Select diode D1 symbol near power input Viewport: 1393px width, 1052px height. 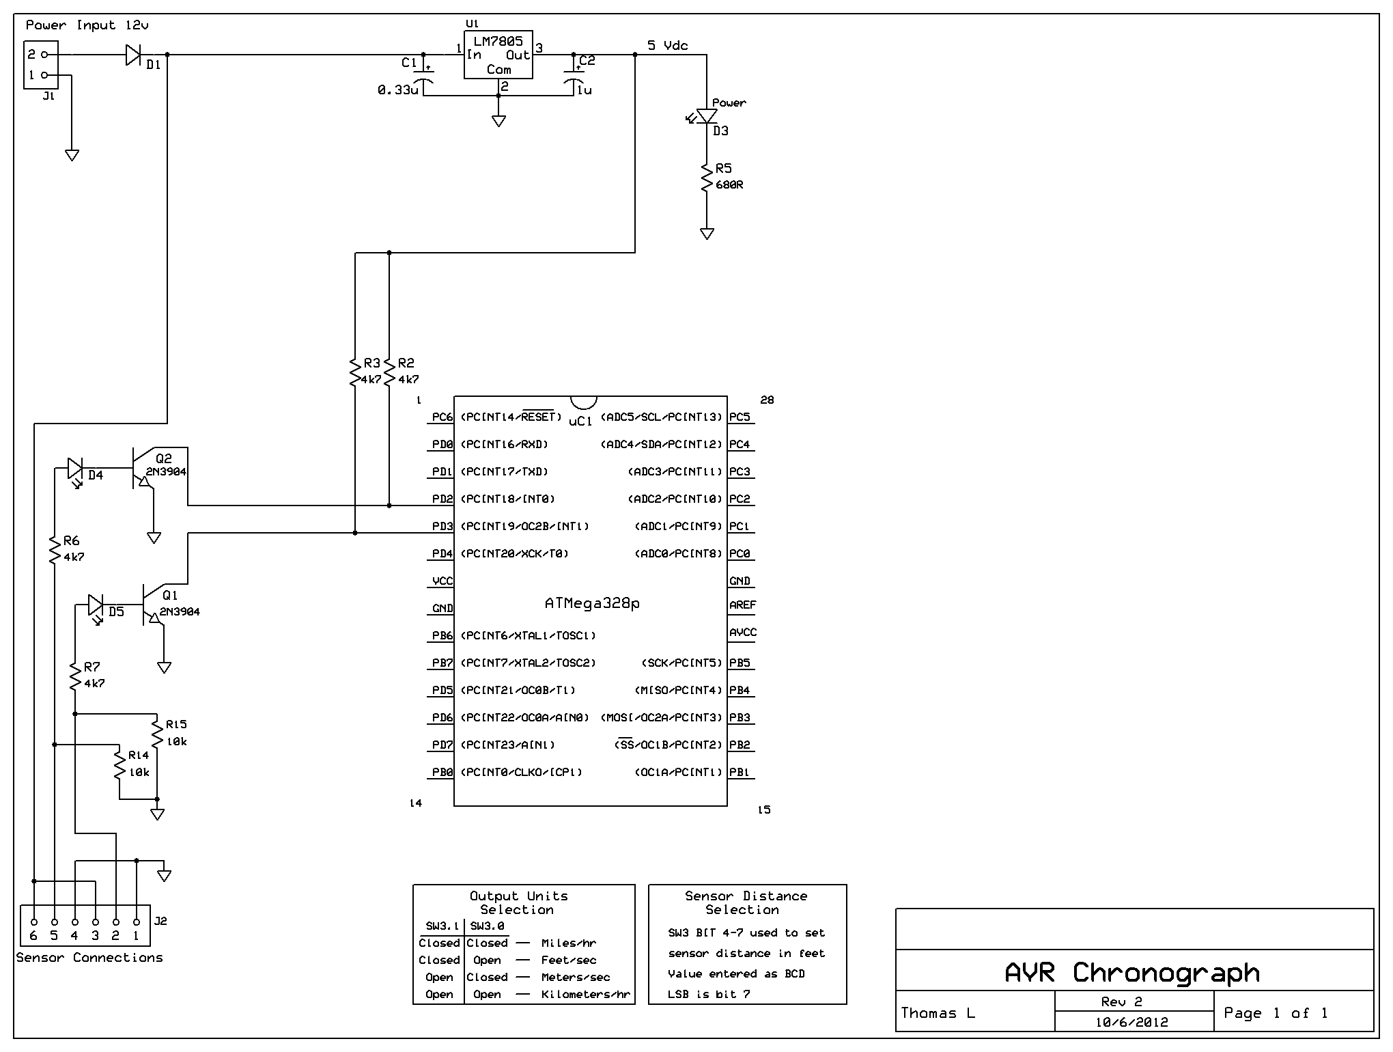[x=133, y=55]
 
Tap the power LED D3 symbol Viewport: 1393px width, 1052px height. [x=707, y=117]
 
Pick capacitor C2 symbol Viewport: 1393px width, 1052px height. [x=574, y=76]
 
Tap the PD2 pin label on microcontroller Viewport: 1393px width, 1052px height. [x=442, y=499]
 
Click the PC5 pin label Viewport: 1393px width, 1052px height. [x=740, y=417]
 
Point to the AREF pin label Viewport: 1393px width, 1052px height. [x=742, y=605]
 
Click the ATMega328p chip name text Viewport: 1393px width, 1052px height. [x=591, y=604]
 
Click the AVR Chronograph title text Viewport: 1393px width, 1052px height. [x=1131, y=972]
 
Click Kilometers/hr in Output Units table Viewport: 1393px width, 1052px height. [x=585, y=995]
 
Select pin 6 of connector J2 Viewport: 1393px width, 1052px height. [x=33, y=922]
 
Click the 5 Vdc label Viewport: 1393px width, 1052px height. [x=667, y=46]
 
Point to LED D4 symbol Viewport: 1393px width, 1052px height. [x=75, y=469]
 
